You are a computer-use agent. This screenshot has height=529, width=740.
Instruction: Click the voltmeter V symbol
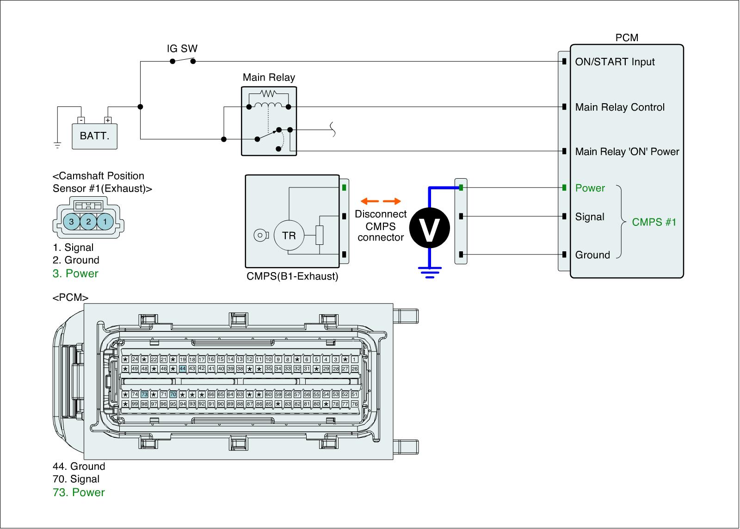pyautogui.click(x=430, y=228)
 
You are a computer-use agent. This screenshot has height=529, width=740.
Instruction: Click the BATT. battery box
pyautogui.click(x=94, y=136)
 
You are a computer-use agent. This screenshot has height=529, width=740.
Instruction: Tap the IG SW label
pyautogui.click(x=182, y=49)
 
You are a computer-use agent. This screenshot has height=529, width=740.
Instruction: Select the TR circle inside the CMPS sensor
pyautogui.click(x=289, y=236)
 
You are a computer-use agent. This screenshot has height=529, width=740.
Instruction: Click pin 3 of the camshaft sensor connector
pyautogui.click(x=71, y=222)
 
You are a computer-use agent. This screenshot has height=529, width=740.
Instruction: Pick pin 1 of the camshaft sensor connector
pyautogui.click(x=105, y=222)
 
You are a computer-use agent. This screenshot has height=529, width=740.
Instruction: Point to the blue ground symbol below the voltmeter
pyautogui.click(x=430, y=273)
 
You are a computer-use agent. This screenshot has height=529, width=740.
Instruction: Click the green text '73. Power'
pyautogui.click(x=79, y=492)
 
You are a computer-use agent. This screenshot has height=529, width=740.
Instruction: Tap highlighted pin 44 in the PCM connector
pyautogui.click(x=183, y=369)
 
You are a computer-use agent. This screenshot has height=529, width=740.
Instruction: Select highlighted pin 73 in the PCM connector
pyautogui.click(x=144, y=394)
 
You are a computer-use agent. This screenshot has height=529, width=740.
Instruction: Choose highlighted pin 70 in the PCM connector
pyautogui.click(x=173, y=394)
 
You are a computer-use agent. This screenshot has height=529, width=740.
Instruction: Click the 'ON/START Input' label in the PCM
pyautogui.click(x=615, y=62)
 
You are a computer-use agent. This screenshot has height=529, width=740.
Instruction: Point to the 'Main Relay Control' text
pyautogui.click(x=620, y=107)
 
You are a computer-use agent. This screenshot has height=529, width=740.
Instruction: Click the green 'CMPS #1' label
pyautogui.click(x=654, y=222)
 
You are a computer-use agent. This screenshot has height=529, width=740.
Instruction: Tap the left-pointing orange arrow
pyautogui.click(x=370, y=201)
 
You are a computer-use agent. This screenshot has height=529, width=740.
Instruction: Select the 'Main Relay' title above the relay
pyautogui.click(x=269, y=77)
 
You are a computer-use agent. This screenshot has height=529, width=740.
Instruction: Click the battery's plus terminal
pyautogui.click(x=108, y=120)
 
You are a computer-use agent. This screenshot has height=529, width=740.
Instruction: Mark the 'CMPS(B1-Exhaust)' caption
pyautogui.click(x=292, y=276)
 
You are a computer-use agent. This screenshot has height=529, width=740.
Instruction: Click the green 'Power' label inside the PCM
pyautogui.click(x=590, y=188)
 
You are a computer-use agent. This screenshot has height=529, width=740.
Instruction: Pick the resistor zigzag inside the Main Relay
pyautogui.click(x=268, y=93)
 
